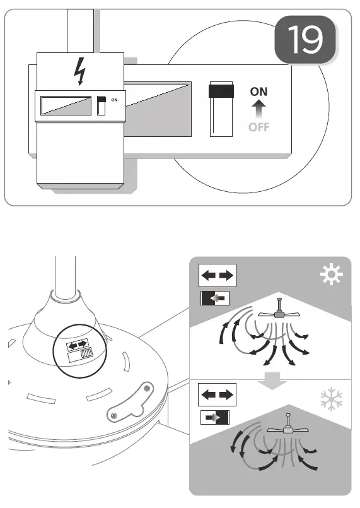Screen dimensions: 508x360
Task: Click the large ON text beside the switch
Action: tap(258, 92)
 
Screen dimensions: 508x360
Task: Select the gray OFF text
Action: tap(258, 127)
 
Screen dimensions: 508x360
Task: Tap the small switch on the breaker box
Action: tap(102, 105)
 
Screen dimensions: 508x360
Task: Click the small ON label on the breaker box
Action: tap(114, 100)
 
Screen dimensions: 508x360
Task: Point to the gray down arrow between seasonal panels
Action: tap(271, 380)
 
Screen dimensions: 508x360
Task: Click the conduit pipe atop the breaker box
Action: tap(80, 30)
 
